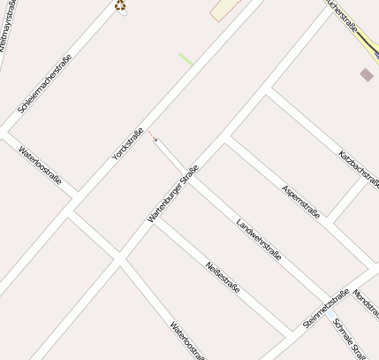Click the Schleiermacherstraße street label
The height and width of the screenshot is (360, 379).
click(x=44, y=83)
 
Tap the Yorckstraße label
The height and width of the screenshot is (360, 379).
click(x=127, y=144)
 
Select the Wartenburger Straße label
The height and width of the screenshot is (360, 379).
click(x=173, y=192)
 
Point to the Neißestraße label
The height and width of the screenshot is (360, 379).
click(x=223, y=279)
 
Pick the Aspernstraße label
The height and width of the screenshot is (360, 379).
click(x=301, y=202)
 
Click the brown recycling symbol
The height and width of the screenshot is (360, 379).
click(x=120, y=6)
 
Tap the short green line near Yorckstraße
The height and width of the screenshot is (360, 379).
click(x=186, y=59)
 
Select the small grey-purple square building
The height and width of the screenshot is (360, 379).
click(x=366, y=74)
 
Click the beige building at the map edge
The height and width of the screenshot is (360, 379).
click(x=224, y=8)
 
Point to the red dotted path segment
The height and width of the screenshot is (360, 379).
click(x=150, y=134)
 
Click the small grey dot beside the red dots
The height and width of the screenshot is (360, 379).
click(x=155, y=140)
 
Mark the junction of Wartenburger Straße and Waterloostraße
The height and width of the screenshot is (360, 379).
click(x=117, y=257)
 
